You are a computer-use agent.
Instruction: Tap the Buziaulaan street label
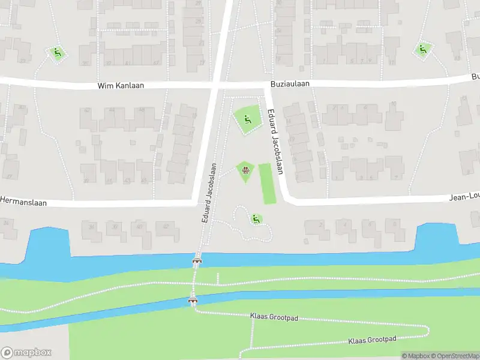coord(289,84)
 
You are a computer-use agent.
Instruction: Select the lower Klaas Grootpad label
coord(372,340)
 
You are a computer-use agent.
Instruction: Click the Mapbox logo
coord(25,352)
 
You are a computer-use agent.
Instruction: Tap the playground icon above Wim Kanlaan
coord(58,53)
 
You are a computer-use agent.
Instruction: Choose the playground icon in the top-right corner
coord(422,50)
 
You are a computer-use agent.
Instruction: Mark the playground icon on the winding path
coord(256,219)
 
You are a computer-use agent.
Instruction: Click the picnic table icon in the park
coord(245,170)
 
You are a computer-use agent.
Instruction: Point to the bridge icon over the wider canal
coord(197,260)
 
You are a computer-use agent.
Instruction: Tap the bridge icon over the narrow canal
coord(193,301)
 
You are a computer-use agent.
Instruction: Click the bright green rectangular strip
coord(268,184)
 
